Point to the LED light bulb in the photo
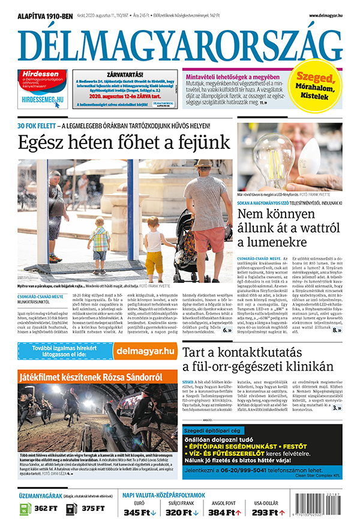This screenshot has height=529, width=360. point(264,154)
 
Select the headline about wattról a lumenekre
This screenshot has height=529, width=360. point(289,228)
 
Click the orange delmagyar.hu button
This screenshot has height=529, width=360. point(144,351)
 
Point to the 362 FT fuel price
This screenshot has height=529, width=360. point(46,509)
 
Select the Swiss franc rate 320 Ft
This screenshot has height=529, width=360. point(182,512)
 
